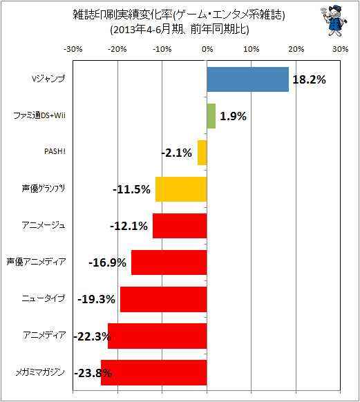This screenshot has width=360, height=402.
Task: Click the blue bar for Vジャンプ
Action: [247, 79]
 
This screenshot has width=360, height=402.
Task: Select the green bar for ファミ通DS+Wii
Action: [211, 116]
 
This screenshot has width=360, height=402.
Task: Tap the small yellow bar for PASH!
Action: [202, 153]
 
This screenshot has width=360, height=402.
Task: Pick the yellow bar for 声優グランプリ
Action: [181, 189]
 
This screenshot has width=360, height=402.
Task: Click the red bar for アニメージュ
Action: [180, 226]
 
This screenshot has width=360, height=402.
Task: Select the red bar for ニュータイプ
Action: [164, 299]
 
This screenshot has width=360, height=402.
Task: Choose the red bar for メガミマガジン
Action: [154, 372]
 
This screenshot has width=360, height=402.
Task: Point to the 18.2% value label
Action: [309, 79]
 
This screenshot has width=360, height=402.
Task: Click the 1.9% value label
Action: [233, 117]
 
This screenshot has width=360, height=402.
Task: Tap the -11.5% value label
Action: [131, 190]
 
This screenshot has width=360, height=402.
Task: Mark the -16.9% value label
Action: [107, 262]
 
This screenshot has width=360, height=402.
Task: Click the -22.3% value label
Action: [93, 336]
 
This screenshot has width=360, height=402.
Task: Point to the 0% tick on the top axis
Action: [207, 49]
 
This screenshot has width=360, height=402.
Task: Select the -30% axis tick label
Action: [73, 49]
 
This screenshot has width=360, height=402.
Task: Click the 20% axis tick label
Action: [296, 49]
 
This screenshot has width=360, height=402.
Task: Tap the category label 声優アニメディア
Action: [36, 262]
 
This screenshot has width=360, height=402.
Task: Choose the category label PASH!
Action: [55, 151]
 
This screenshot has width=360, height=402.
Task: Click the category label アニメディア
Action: [44, 335]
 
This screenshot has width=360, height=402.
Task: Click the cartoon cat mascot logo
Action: [333, 21]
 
